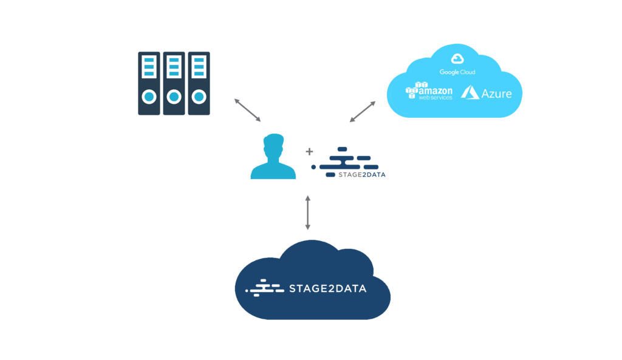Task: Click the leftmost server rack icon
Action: (149, 83)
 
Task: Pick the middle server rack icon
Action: (174, 83)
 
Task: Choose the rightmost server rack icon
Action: (199, 83)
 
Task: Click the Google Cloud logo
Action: (457, 64)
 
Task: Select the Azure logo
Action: (487, 93)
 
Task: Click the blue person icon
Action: (273, 157)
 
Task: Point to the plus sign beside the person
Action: (309, 151)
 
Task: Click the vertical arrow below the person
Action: (308, 213)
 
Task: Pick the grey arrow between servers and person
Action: (247, 109)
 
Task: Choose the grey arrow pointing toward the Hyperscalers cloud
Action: (363, 111)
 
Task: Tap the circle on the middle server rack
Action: (174, 97)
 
